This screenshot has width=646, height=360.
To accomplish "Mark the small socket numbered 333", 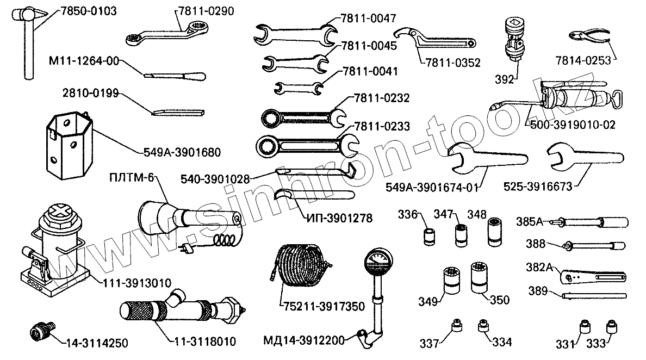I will [x=612, y=327].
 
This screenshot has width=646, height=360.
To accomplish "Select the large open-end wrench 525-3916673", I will [x=576, y=158].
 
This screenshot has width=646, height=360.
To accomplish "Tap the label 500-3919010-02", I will [x=573, y=125].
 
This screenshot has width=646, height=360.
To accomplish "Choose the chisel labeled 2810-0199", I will [x=177, y=113].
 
